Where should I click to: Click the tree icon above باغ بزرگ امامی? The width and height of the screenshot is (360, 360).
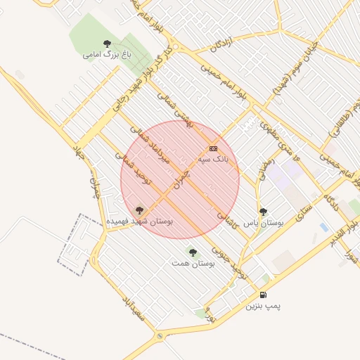107,44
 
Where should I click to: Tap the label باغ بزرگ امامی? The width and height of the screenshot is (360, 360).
107,54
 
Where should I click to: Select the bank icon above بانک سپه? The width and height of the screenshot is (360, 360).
213,148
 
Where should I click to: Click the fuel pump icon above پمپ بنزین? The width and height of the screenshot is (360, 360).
263,295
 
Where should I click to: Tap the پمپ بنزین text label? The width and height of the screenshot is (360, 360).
263,307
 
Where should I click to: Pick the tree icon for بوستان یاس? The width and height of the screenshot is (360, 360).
263,212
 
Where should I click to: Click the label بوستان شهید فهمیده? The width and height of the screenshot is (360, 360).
139,221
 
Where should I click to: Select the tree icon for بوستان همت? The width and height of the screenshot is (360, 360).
193,252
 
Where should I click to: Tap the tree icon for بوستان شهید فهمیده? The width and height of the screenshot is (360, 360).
139,209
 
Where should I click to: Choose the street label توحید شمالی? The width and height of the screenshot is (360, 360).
138,171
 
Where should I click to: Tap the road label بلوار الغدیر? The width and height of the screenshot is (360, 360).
343,231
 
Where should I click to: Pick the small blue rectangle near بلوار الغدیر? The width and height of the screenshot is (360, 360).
323,227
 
